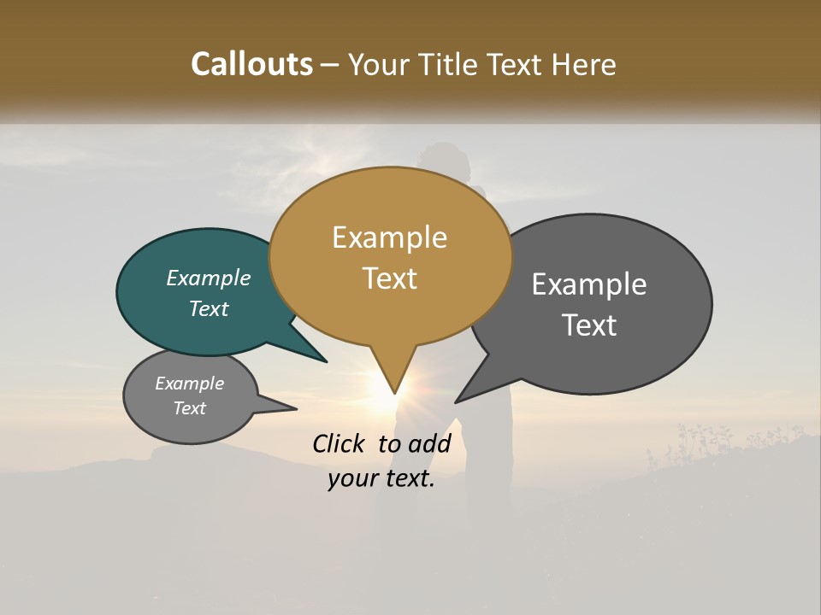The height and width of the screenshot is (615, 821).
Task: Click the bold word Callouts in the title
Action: pyautogui.click(x=251, y=64)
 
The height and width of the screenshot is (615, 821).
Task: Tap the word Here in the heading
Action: pyautogui.click(x=584, y=64)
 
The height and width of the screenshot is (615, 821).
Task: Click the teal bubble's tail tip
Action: pyautogui.click(x=326, y=361)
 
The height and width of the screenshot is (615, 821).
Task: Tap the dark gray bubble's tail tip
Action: pyautogui.click(x=457, y=401)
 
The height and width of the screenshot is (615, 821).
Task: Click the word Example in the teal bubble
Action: pyautogui.click(x=208, y=278)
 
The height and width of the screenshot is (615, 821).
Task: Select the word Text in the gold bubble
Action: pyautogui.click(x=390, y=278)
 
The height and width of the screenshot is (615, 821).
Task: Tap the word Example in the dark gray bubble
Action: pyautogui.click(x=589, y=284)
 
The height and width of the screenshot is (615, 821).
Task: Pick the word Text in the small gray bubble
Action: pyautogui.click(x=189, y=407)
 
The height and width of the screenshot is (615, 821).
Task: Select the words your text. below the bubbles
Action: pyautogui.click(x=381, y=478)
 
